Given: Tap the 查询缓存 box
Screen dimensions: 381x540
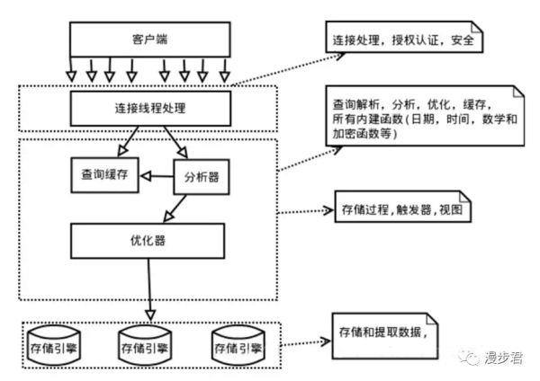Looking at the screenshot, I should (x=103, y=175).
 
